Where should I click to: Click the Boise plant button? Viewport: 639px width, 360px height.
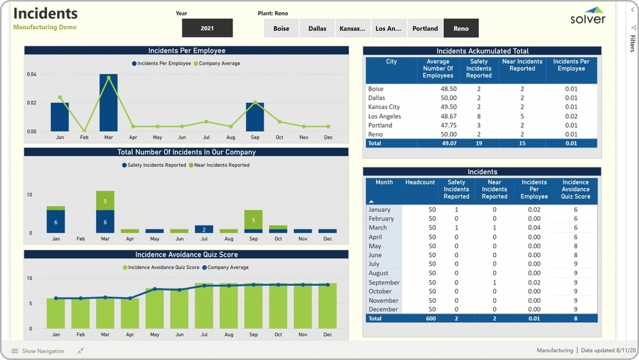281,28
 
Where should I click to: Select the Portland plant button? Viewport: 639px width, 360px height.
425,28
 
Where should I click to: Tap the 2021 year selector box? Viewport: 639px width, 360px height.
207,28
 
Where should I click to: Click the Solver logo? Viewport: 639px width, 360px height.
588,15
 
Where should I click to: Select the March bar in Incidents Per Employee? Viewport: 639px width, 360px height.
108,102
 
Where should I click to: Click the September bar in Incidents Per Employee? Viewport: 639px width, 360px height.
255,116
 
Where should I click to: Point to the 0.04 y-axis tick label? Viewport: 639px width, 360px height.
32,74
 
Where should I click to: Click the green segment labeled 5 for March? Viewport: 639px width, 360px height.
105,201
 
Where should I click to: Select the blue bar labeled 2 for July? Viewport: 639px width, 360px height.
204,229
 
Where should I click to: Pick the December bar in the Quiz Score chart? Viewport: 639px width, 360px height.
328,306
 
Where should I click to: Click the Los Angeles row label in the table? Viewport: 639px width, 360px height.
385,116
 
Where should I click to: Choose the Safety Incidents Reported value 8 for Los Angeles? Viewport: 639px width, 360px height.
479,116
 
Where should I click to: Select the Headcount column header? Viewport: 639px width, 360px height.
420,182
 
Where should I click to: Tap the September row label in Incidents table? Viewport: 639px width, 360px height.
384,283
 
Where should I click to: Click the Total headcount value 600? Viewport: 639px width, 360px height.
430,318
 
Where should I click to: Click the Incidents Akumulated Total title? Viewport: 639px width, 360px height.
482,51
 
